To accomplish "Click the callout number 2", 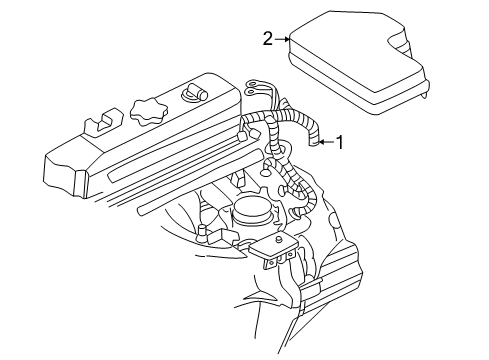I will pos(267,39).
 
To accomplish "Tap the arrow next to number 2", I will pos(281,40).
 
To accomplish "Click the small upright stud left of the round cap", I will pos(202,235).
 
